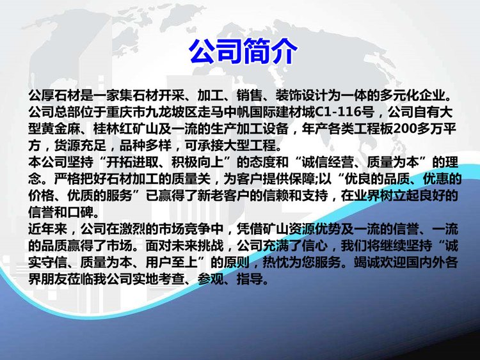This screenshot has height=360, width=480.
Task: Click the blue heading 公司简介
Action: click(x=243, y=51)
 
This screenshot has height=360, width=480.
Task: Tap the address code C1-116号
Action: click(x=345, y=113)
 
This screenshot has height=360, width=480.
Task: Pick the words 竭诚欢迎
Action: click(x=380, y=262)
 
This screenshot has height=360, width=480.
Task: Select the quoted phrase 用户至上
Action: click(x=172, y=262)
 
